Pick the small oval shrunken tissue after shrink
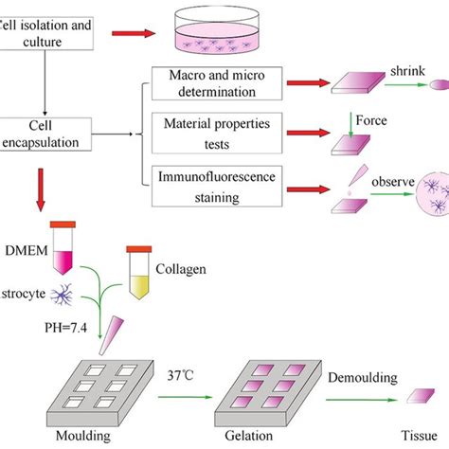pyautogui.click(x=441, y=82)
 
